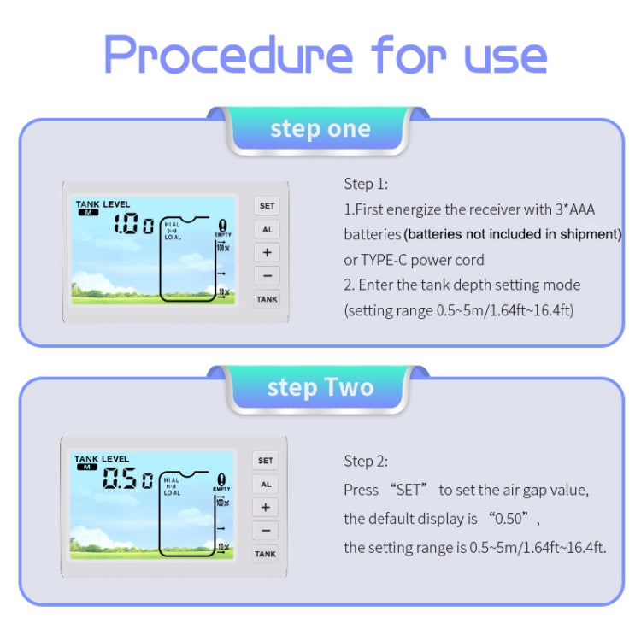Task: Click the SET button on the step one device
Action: click(x=267, y=206)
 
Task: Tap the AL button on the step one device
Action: click(x=267, y=230)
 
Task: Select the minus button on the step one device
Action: click(x=267, y=276)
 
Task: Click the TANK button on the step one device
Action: click(x=267, y=299)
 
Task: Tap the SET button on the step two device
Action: click(x=266, y=461)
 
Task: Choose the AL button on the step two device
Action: click(x=266, y=485)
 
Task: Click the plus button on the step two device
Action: click(x=266, y=508)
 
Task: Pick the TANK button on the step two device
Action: click(x=266, y=554)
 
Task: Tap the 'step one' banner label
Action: click(x=320, y=130)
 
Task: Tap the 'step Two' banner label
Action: click(x=320, y=387)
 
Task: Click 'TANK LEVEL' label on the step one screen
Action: click(x=103, y=204)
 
